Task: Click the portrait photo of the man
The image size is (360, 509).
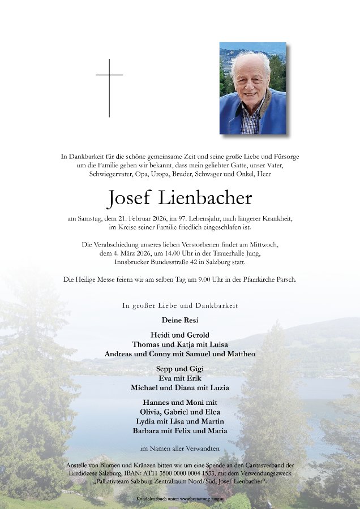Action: [252, 88]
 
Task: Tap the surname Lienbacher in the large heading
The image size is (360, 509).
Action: [205, 199]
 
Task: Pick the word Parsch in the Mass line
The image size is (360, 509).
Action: [284, 279]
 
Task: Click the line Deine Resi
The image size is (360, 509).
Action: [179, 320]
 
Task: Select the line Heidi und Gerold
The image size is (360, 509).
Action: [179, 335]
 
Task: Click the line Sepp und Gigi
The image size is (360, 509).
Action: [179, 369]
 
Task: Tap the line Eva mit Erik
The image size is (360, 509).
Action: [179, 378]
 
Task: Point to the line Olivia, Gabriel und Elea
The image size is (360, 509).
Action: [179, 412]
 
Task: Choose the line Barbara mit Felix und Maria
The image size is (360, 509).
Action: [179, 431]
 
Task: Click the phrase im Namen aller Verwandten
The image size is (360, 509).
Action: [179, 448]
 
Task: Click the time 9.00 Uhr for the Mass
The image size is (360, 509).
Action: [194, 279]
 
